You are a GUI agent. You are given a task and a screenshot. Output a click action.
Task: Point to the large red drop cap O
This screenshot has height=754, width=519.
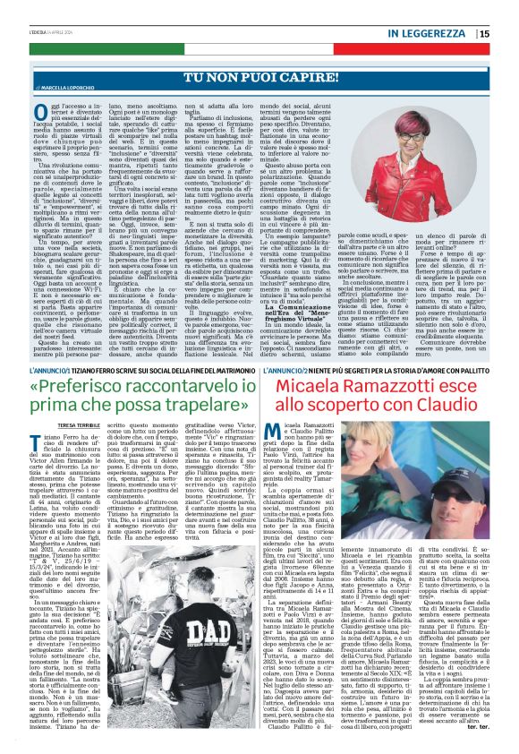coord(42,111)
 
